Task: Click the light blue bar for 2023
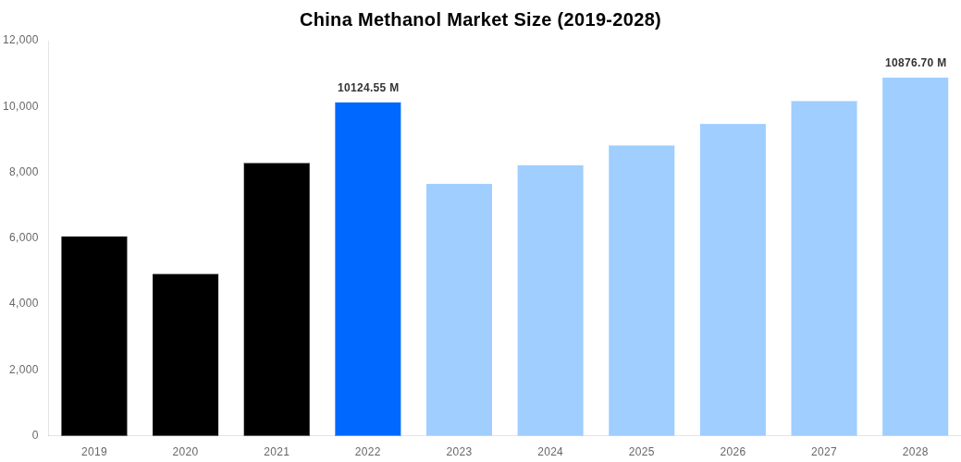click(x=459, y=310)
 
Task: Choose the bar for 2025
click(x=641, y=290)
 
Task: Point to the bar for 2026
click(x=733, y=279)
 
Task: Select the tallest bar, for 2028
click(x=915, y=256)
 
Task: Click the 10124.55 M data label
click(x=368, y=88)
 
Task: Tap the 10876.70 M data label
click(x=916, y=63)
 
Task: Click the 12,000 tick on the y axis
click(x=20, y=40)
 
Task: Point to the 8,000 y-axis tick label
click(x=24, y=172)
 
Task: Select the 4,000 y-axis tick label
click(x=24, y=303)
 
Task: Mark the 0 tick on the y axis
click(x=35, y=435)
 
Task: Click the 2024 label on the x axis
click(x=550, y=452)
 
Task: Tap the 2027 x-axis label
click(x=824, y=452)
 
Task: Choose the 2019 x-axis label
click(x=94, y=452)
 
